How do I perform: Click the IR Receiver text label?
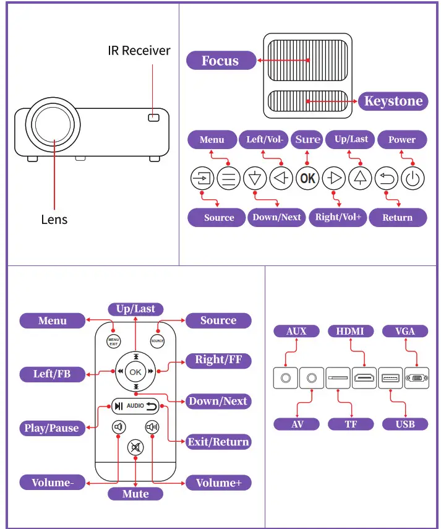coord(139,51)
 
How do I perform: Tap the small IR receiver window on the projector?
coord(154,118)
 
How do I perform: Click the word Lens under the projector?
coord(54,220)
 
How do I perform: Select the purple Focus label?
coord(221,61)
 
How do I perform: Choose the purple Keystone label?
coord(393,101)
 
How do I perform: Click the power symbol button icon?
coord(413,178)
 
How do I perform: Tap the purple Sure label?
coord(307,139)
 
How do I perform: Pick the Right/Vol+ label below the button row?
coord(338,217)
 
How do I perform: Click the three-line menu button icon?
coord(229,178)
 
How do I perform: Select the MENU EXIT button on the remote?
coord(114,342)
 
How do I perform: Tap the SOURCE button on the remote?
coord(157,341)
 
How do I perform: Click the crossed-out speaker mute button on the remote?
coord(135,447)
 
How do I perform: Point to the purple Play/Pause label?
coord(52,428)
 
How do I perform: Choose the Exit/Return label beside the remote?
coord(218,442)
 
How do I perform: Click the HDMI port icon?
coord(364,378)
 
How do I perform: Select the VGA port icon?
coord(417,378)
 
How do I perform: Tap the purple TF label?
coord(351,424)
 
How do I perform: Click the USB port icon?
coord(390,378)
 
